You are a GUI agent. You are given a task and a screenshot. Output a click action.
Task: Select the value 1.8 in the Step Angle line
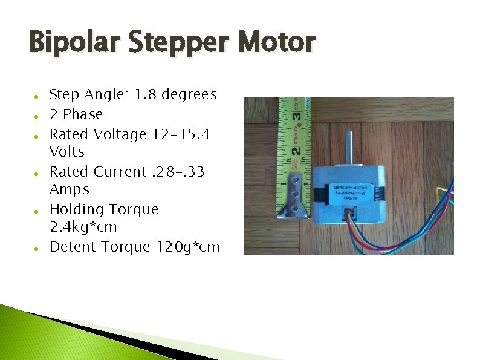pyautogui.click(x=146, y=94)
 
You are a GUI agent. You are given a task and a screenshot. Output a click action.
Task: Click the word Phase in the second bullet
pyautogui.click(x=83, y=114)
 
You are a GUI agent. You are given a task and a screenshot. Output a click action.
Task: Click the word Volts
pyautogui.click(x=66, y=151)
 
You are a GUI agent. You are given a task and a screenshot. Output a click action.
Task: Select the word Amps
pyautogui.click(x=69, y=189)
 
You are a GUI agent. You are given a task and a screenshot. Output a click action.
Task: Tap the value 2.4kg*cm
pyautogui.click(x=83, y=227)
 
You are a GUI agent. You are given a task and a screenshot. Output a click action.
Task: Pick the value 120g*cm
pyautogui.click(x=188, y=247)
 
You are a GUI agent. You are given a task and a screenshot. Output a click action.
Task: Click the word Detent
pyautogui.click(x=73, y=247)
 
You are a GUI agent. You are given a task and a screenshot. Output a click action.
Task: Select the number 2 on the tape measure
pyautogui.click(x=296, y=148)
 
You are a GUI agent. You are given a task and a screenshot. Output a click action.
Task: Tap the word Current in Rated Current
pyautogui.click(x=120, y=171)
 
